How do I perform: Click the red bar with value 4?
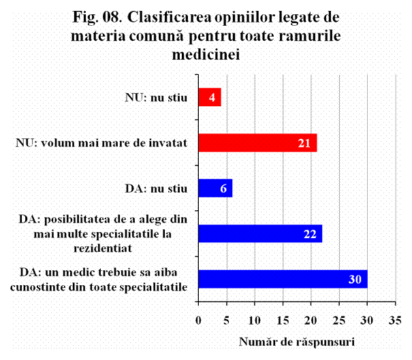click(x=209, y=97)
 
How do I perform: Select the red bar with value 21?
click(x=257, y=143)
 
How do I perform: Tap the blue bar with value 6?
click(x=215, y=188)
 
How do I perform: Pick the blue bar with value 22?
click(x=259, y=233)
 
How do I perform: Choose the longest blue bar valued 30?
click(x=282, y=279)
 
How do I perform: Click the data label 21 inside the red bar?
click(x=304, y=143)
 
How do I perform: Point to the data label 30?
click(x=354, y=279)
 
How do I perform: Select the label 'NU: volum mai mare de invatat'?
click(x=101, y=143)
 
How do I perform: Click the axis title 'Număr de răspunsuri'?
click(x=297, y=340)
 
